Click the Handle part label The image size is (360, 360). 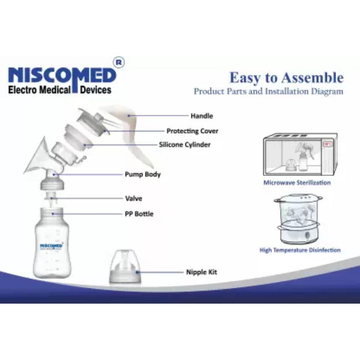coord(201,116)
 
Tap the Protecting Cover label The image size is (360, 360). coord(192,131)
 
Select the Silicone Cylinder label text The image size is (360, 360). coord(185,145)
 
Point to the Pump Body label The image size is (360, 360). coord(143,174)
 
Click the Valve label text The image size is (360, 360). coord(134,198)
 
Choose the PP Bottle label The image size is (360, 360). coord(139,214)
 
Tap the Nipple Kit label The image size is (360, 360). coord(201,272)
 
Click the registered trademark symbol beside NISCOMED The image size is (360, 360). coord(119,63)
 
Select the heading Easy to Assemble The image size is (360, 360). coord(286,78)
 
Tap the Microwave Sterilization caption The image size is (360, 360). coord(297,183)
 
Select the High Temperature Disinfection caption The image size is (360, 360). coord(300,250)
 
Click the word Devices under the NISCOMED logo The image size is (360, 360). coord(96,90)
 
